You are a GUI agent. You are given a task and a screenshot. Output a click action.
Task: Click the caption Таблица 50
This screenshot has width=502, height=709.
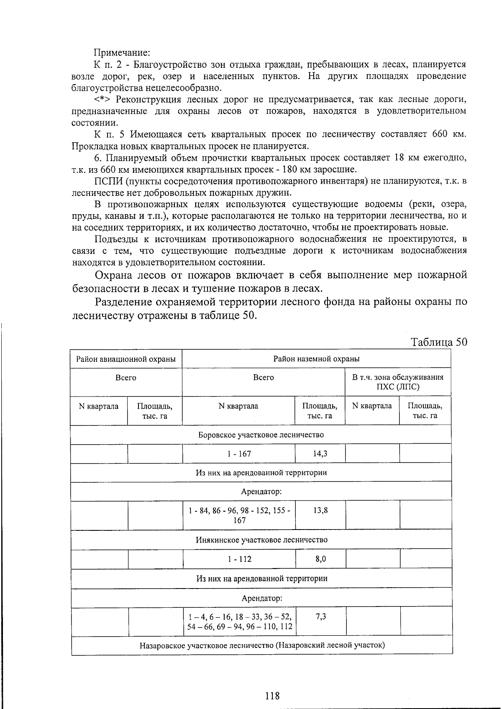click(x=439, y=342)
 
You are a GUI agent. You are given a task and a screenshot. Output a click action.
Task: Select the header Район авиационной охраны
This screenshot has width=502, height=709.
click(x=126, y=359)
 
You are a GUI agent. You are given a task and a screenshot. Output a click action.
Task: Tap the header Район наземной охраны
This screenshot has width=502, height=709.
click(x=316, y=359)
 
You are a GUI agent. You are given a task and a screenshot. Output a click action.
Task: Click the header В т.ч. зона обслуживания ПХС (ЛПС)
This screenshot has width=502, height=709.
click(x=397, y=382)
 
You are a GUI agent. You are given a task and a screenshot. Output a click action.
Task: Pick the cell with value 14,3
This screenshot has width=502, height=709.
click(x=320, y=454)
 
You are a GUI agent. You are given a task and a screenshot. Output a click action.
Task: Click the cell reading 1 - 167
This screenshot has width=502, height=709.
click(x=239, y=454)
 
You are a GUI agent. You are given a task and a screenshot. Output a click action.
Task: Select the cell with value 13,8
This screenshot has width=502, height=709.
click(x=320, y=510)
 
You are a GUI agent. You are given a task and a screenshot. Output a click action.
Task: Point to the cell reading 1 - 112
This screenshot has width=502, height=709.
click(x=240, y=559)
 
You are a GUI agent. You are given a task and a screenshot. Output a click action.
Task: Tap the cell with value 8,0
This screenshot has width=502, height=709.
click(x=321, y=559)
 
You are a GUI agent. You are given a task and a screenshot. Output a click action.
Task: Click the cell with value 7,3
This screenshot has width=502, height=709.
click(x=321, y=616)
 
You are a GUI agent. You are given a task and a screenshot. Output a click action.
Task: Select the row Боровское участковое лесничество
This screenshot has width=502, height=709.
click(x=261, y=435)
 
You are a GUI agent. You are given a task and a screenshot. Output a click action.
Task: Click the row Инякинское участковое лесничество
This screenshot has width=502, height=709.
click(x=261, y=540)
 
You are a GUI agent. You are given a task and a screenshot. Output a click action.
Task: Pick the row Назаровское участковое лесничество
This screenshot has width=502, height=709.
click(x=262, y=645)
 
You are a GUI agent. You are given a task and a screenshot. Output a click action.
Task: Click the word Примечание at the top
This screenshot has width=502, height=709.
click(x=122, y=53)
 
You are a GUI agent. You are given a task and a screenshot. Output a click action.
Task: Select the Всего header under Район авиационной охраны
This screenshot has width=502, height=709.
click(x=126, y=378)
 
